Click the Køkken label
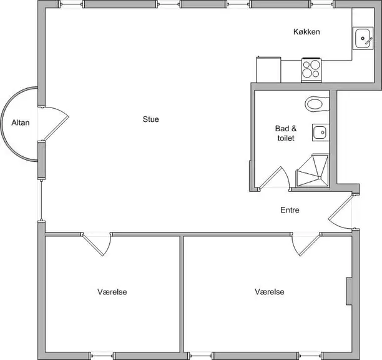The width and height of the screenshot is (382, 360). click(306, 32)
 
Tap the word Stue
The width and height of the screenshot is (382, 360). click(151, 119)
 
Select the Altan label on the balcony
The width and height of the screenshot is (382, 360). click(21, 122)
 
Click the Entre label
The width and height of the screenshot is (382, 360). click(290, 210)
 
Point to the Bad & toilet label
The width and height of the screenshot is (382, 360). click(286, 133)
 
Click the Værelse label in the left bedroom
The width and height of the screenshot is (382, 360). click(112, 292)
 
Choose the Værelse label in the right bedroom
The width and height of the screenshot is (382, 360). click(270, 292)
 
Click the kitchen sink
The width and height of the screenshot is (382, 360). click(363, 38)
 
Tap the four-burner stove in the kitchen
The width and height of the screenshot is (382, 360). click(311, 70)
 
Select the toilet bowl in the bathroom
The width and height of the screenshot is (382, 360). click(316, 104)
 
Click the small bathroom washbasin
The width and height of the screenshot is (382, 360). click(321, 132)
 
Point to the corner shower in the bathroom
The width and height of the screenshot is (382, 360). click(312, 171)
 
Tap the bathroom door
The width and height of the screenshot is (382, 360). click(273, 178)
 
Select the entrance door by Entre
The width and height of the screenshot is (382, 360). click(341, 212)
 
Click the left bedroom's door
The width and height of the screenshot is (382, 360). click(97, 244)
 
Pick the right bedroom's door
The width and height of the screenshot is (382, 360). click(306, 244)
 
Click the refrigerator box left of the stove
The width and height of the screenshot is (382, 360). click(268, 70)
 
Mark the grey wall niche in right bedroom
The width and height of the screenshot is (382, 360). click(349, 291)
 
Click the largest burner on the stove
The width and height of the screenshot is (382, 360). click(315, 64)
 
